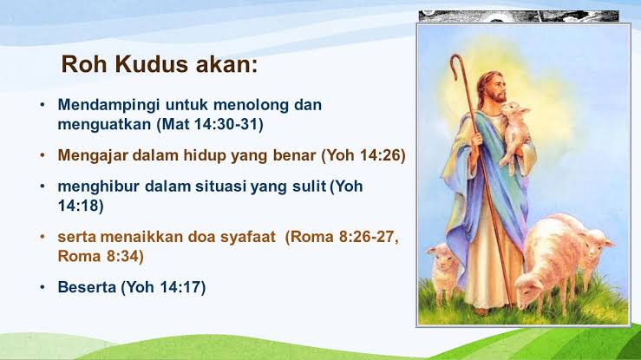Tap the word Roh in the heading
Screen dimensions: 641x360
pyautogui.click(x=85, y=64)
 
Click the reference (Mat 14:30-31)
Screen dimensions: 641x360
pyautogui.click(x=210, y=124)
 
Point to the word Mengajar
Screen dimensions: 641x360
pyautogui.click(x=93, y=156)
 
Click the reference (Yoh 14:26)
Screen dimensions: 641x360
pyautogui.click(x=363, y=155)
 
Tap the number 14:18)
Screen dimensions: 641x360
pyautogui.click(x=81, y=206)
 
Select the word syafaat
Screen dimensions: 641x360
pyautogui.click(x=248, y=238)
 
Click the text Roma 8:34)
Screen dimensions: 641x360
pyautogui.click(x=101, y=256)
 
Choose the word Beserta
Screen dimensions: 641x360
pyautogui.click(x=87, y=287)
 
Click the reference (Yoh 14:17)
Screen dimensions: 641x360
pyautogui.click(x=163, y=287)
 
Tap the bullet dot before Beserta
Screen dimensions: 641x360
pyautogui.click(x=43, y=287)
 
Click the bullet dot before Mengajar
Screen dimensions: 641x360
pyautogui.click(x=43, y=155)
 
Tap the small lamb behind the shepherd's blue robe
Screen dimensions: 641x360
pyautogui.click(x=442, y=270)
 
